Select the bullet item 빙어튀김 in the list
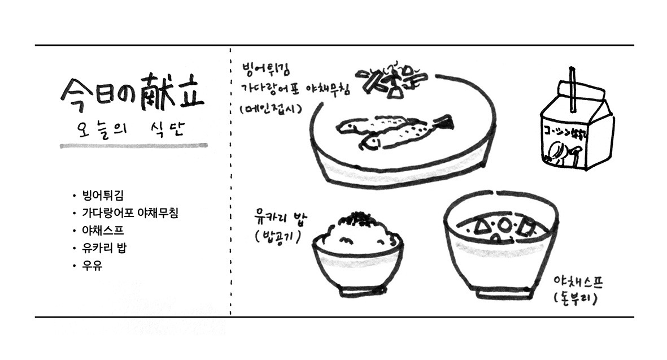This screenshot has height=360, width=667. (102, 196)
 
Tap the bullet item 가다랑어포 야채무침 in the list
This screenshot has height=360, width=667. (129, 213)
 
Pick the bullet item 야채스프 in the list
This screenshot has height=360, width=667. (102, 231)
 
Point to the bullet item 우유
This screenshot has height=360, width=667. (92, 265)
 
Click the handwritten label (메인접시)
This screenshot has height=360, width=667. (269, 108)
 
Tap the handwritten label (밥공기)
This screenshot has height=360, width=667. (277, 235)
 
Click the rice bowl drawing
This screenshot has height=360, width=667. (358, 254)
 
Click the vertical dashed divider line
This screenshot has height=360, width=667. (230, 181)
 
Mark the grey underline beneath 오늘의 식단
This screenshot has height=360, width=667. (133, 146)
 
